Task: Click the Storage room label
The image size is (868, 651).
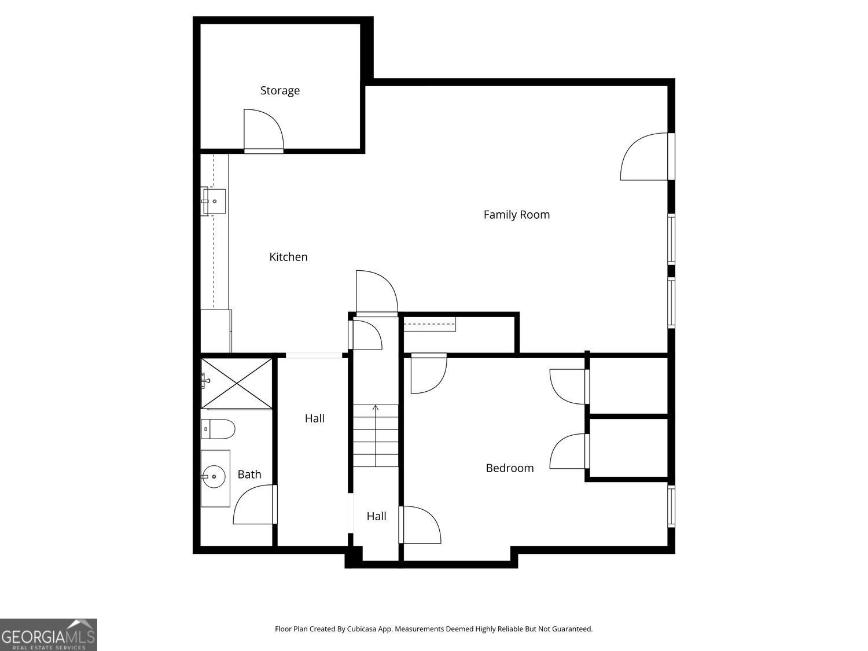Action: coord(280,91)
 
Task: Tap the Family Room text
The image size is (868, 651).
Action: coord(516,215)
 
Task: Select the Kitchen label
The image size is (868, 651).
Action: coord(288,257)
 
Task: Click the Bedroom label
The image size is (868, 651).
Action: coord(509,468)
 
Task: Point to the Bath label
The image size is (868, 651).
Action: coord(249,475)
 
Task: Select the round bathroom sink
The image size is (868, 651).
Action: coord(215,477)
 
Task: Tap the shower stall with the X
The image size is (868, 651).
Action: coord(237,383)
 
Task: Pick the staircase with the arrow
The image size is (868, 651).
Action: coord(376,435)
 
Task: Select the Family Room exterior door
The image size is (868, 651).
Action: coord(645,157)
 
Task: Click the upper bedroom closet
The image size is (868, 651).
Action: coord(628,386)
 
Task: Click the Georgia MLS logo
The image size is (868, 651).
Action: coord(49,635)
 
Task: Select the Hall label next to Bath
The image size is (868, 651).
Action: coord(314,418)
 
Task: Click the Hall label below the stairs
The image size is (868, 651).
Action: coord(376,517)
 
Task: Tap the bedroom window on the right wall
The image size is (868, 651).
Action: coord(671,506)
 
